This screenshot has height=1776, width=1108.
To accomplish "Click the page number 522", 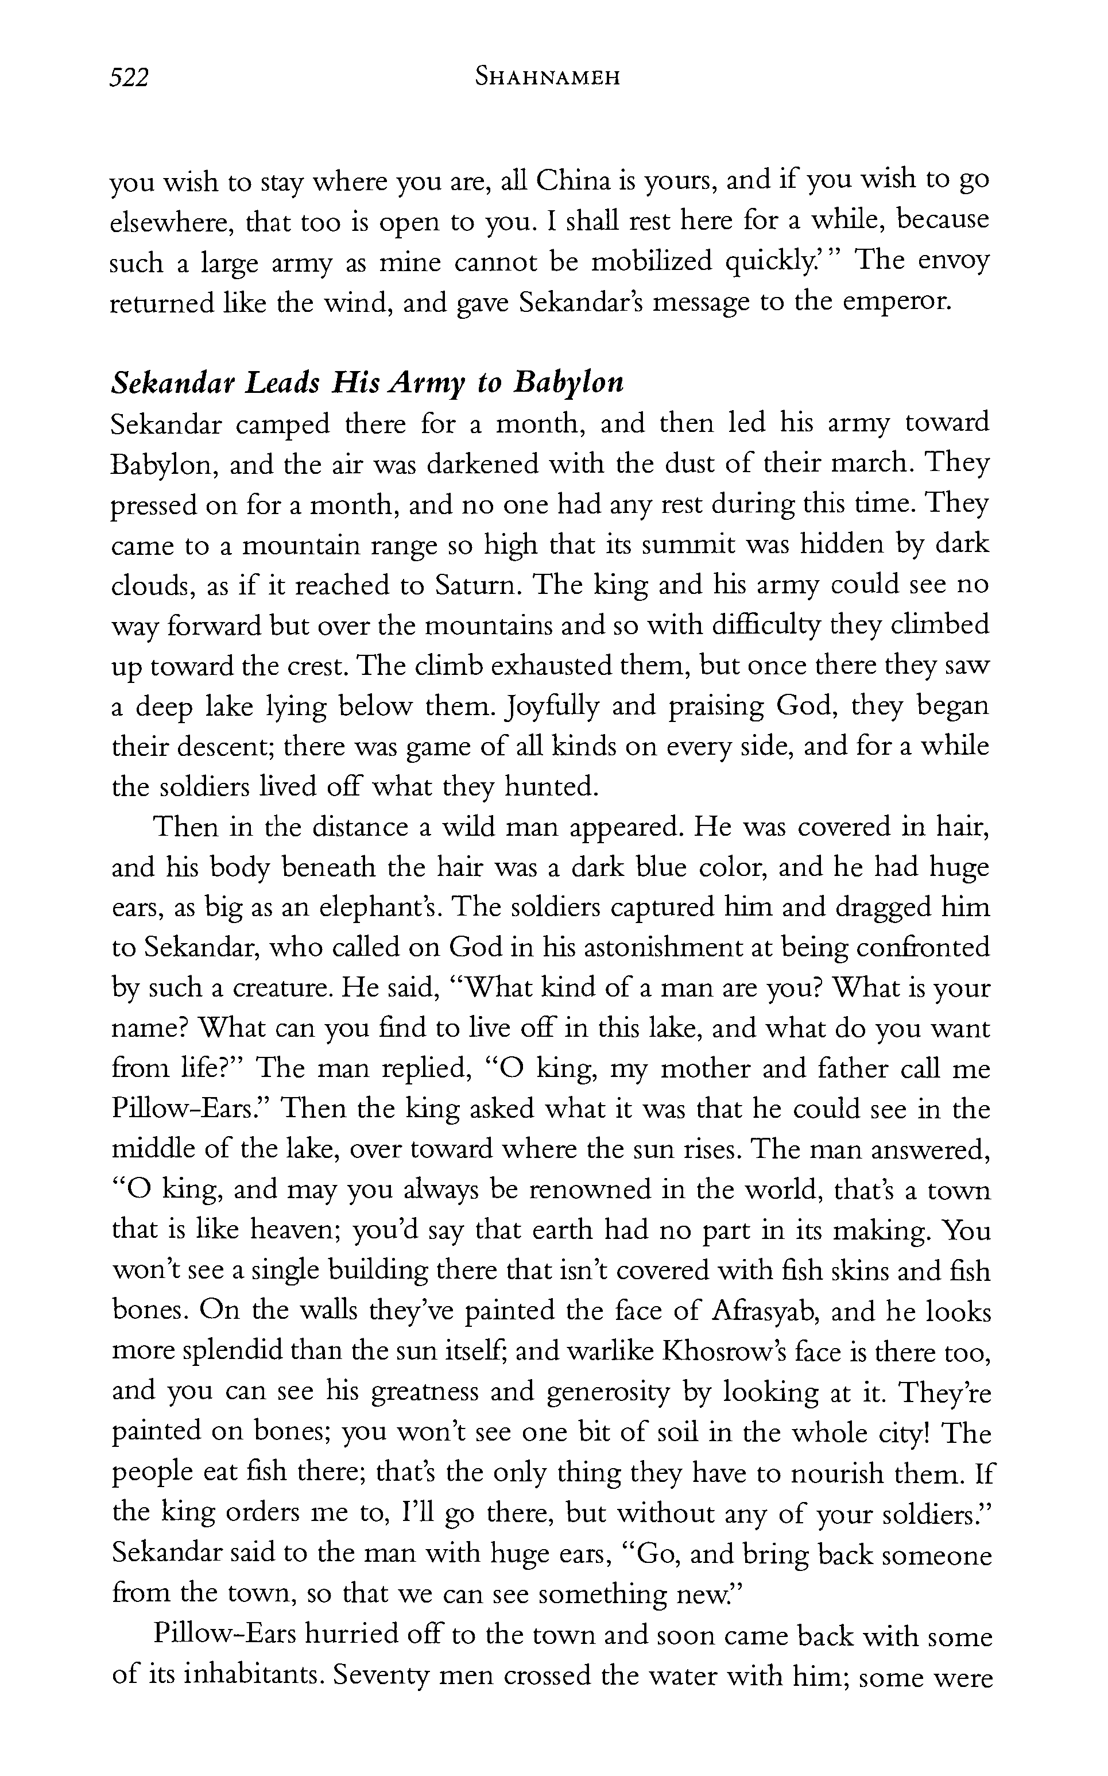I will [129, 77].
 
